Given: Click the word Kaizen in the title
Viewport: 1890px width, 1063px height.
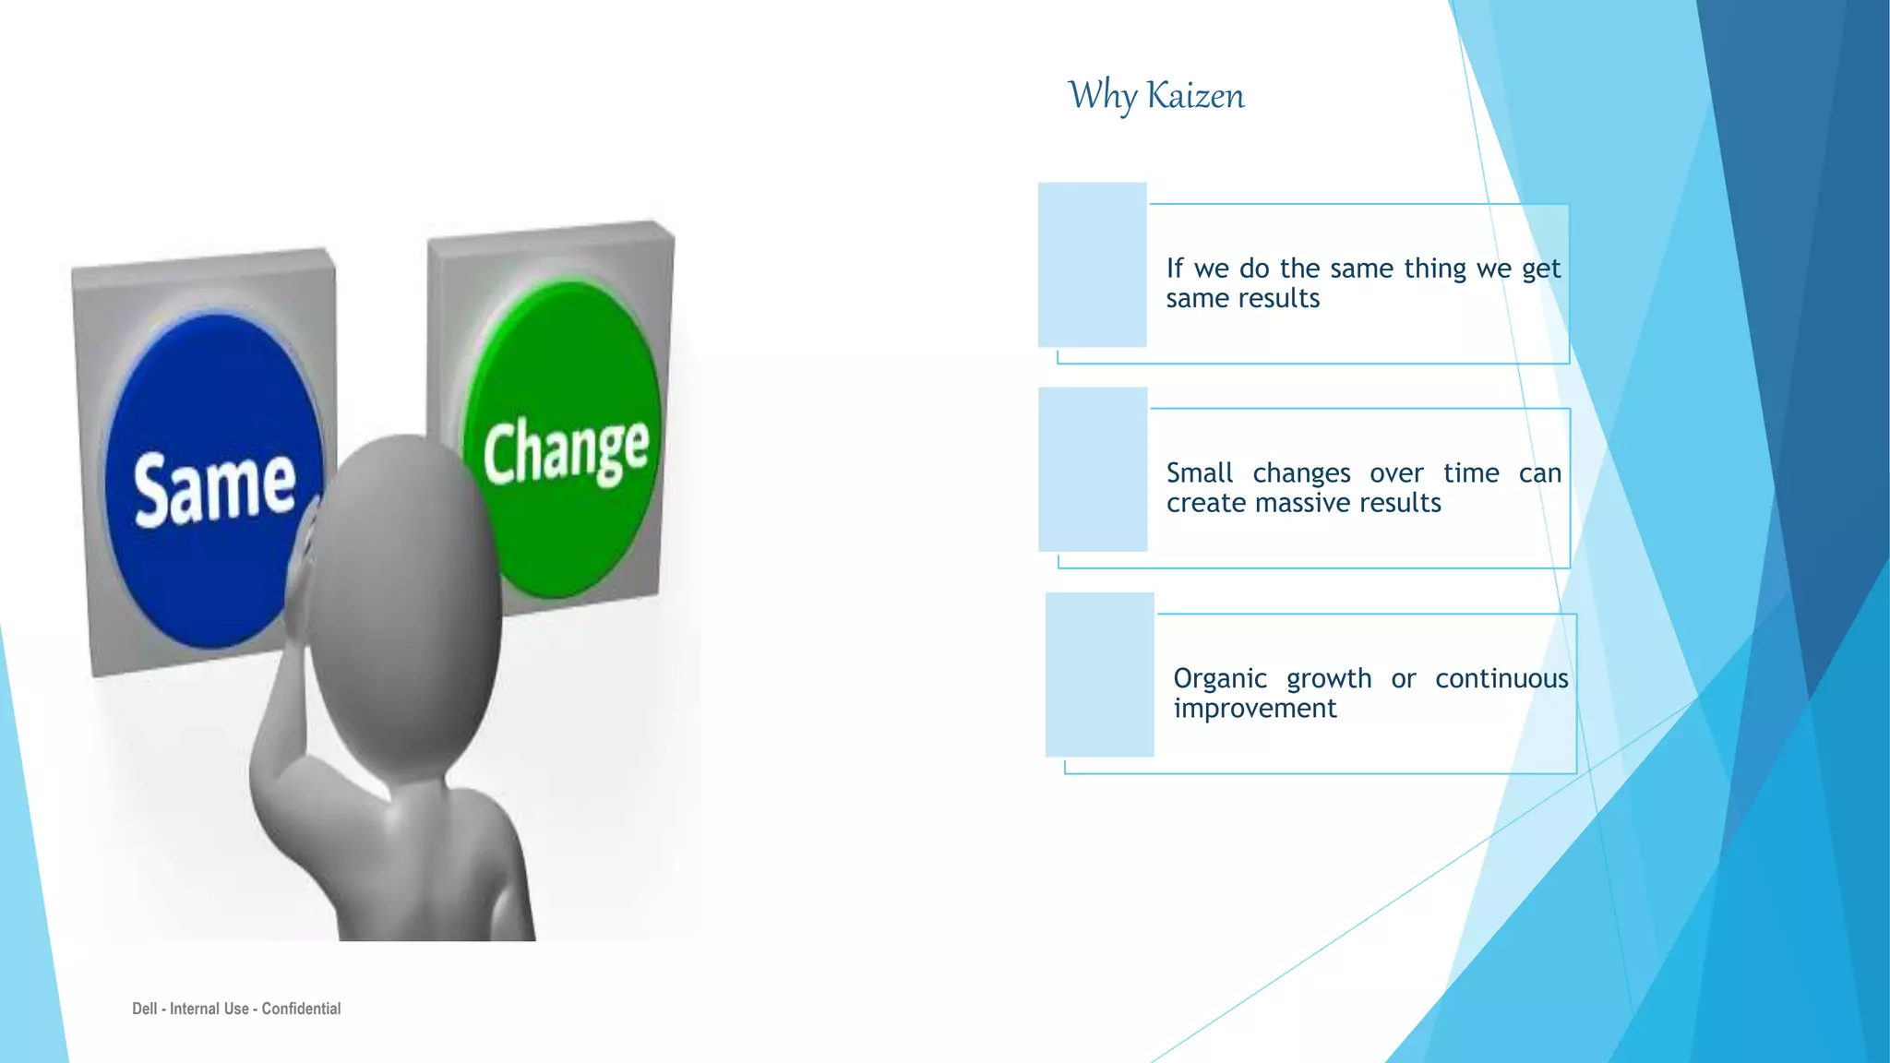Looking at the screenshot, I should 1195,96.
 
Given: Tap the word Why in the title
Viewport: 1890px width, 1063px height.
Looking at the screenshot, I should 1102,96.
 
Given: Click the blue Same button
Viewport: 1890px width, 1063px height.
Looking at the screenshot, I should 214,480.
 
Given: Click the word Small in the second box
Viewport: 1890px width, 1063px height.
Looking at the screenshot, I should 1199,473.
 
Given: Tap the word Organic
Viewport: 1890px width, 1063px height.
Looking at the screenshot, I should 1219,679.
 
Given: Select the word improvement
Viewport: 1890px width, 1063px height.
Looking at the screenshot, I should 1254,709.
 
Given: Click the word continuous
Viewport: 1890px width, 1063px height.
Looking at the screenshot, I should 1501,679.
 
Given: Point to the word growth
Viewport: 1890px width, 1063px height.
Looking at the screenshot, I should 1329,679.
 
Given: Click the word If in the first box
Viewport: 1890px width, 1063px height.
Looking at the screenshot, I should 1174,269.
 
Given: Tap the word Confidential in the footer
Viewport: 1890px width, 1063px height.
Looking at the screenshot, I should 301,1009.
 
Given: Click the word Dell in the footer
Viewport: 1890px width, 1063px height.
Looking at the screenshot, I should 144,1009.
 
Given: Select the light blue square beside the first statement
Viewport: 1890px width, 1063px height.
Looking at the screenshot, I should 1092,265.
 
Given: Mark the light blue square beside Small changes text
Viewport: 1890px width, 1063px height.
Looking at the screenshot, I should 1093,470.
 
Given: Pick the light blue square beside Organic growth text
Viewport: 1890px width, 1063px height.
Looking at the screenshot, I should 1099,675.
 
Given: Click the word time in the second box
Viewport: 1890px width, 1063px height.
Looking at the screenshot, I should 1471,473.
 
